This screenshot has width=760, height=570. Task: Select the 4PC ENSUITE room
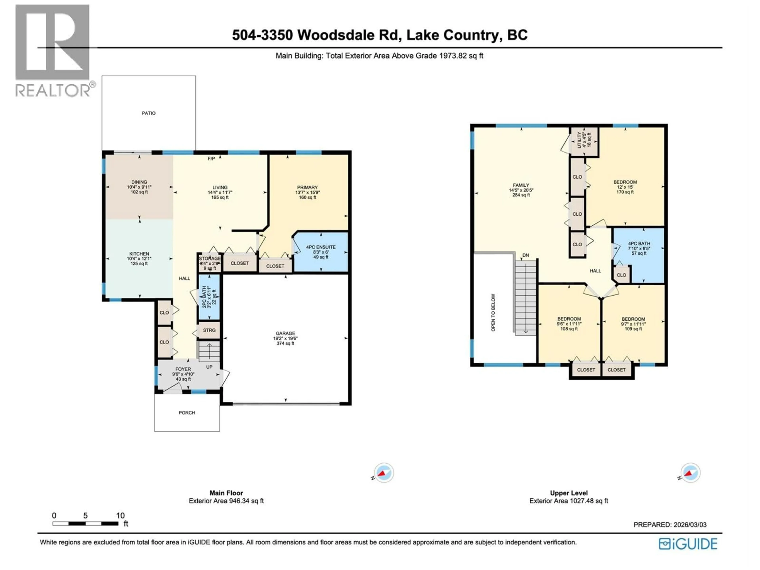(x=321, y=252)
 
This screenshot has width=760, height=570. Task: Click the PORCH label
(x=187, y=413)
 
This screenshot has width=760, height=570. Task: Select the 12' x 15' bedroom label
(x=625, y=187)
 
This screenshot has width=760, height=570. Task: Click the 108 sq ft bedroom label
(x=569, y=324)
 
